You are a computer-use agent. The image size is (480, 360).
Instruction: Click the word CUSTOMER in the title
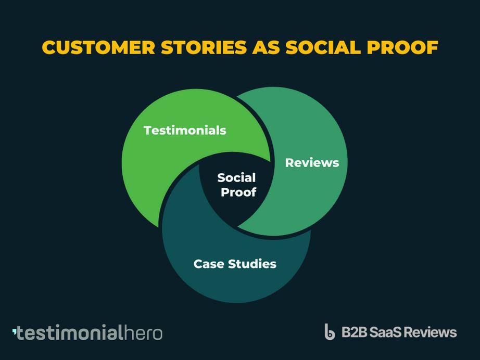coord(98,47)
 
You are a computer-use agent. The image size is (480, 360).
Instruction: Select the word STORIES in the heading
coord(204,47)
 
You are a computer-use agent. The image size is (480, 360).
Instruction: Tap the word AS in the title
coord(266,47)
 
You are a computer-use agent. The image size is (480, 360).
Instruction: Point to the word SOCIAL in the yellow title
coord(323,47)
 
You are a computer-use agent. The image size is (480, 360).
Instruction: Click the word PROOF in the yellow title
coord(402,47)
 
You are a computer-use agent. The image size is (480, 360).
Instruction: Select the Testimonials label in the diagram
coord(185,130)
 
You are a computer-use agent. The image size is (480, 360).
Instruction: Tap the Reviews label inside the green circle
coord(312,163)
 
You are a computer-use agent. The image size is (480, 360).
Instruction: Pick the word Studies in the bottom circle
coord(252,264)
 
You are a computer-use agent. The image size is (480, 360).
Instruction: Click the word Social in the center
coord(236,177)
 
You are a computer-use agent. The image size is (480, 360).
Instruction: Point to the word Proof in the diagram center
coord(238,192)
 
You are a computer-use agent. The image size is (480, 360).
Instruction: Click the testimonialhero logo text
coord(87,333)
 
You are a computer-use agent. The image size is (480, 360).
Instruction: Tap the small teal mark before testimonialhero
coord(14,331)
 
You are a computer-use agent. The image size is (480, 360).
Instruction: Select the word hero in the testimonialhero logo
coord(143,333)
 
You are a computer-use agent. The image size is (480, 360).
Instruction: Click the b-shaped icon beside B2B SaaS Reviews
coord(330,332)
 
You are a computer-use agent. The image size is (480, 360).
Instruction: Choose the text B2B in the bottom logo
coord(355,332)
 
